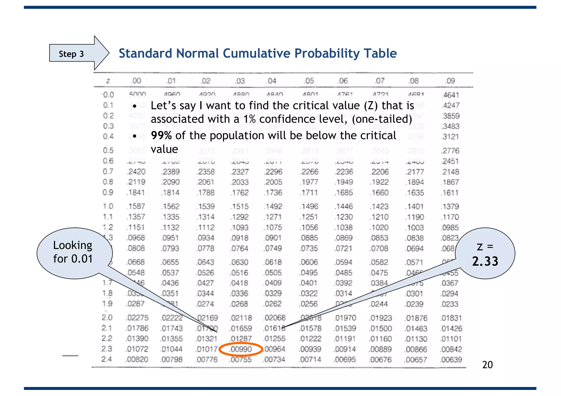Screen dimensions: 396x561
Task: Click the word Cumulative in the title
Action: (257, 53)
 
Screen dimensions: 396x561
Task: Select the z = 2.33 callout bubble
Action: (485, 254)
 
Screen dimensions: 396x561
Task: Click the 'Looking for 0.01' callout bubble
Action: (73, 252)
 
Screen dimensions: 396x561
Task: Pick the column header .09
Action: (450, 81)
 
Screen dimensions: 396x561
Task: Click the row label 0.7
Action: (108, 172)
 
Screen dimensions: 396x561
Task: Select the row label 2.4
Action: (107, 359)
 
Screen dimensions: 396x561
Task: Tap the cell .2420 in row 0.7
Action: (136, 172)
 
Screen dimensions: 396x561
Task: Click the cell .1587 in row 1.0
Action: (136, 206)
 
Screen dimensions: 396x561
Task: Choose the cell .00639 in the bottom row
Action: (451, 360)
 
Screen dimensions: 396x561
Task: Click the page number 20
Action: (487, 365)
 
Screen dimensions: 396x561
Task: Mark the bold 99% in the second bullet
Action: (161, 136)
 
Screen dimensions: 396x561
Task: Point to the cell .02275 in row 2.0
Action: (137, 318)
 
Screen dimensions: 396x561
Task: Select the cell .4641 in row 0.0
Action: (450, 95)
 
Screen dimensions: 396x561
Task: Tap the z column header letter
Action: (108, 81)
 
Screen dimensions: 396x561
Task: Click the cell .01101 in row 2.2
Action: (451, 339)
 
